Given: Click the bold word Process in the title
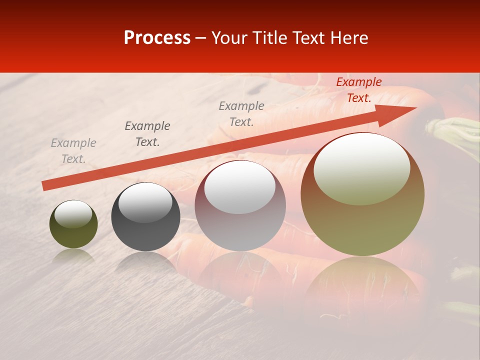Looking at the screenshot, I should tap(157, 38).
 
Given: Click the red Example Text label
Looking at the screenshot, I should tap(358, 90).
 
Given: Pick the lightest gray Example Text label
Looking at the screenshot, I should tap(73, 151).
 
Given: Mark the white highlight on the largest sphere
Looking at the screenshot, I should tap(361, 167).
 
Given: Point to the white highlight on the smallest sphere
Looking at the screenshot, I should tap(73, 213).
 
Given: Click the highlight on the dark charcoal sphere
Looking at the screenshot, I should tap(145, 202).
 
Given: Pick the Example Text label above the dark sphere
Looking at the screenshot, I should tap(147, 134).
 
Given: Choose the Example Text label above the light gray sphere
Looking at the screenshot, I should tap(241, 113).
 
